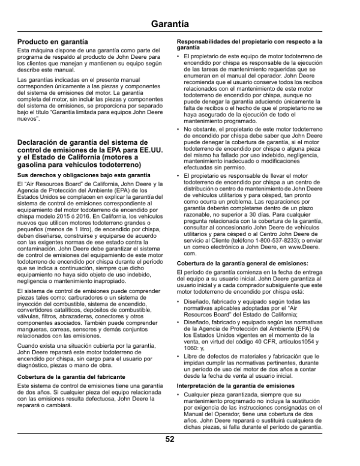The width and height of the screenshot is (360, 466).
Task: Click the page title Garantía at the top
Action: coord(179,24)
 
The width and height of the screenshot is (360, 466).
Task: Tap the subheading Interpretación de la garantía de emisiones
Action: coord(236,384)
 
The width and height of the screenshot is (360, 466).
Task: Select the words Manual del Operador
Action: coord(218,415)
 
